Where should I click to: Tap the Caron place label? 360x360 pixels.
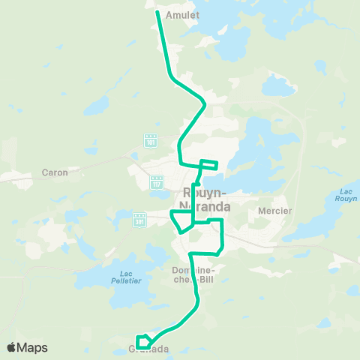[55, 172]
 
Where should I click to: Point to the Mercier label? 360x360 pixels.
[274, 211]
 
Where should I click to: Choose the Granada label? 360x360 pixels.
[148, 349]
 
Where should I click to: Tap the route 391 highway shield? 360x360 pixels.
[139, 220]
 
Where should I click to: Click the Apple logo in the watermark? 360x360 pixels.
[11, 347]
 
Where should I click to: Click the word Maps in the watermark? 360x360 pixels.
[32, 347]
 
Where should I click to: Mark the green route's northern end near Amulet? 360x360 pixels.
[157, 11]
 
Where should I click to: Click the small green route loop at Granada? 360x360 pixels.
[143, 341]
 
